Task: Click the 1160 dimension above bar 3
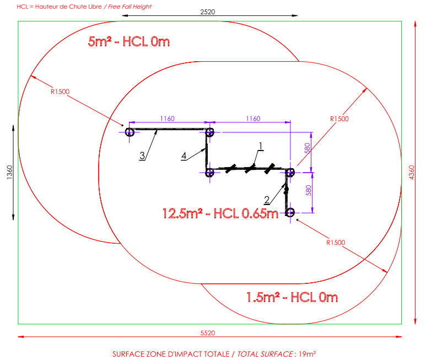[168, 118]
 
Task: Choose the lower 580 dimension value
[309, 190]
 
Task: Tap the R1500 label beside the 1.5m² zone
[336, 242]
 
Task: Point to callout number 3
[142, 156]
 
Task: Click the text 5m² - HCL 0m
[130, 42]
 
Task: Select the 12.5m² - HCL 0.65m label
[220, 213]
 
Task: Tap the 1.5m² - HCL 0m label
[292, 298]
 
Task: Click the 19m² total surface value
[309, 353]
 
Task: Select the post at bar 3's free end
[130, 132]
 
